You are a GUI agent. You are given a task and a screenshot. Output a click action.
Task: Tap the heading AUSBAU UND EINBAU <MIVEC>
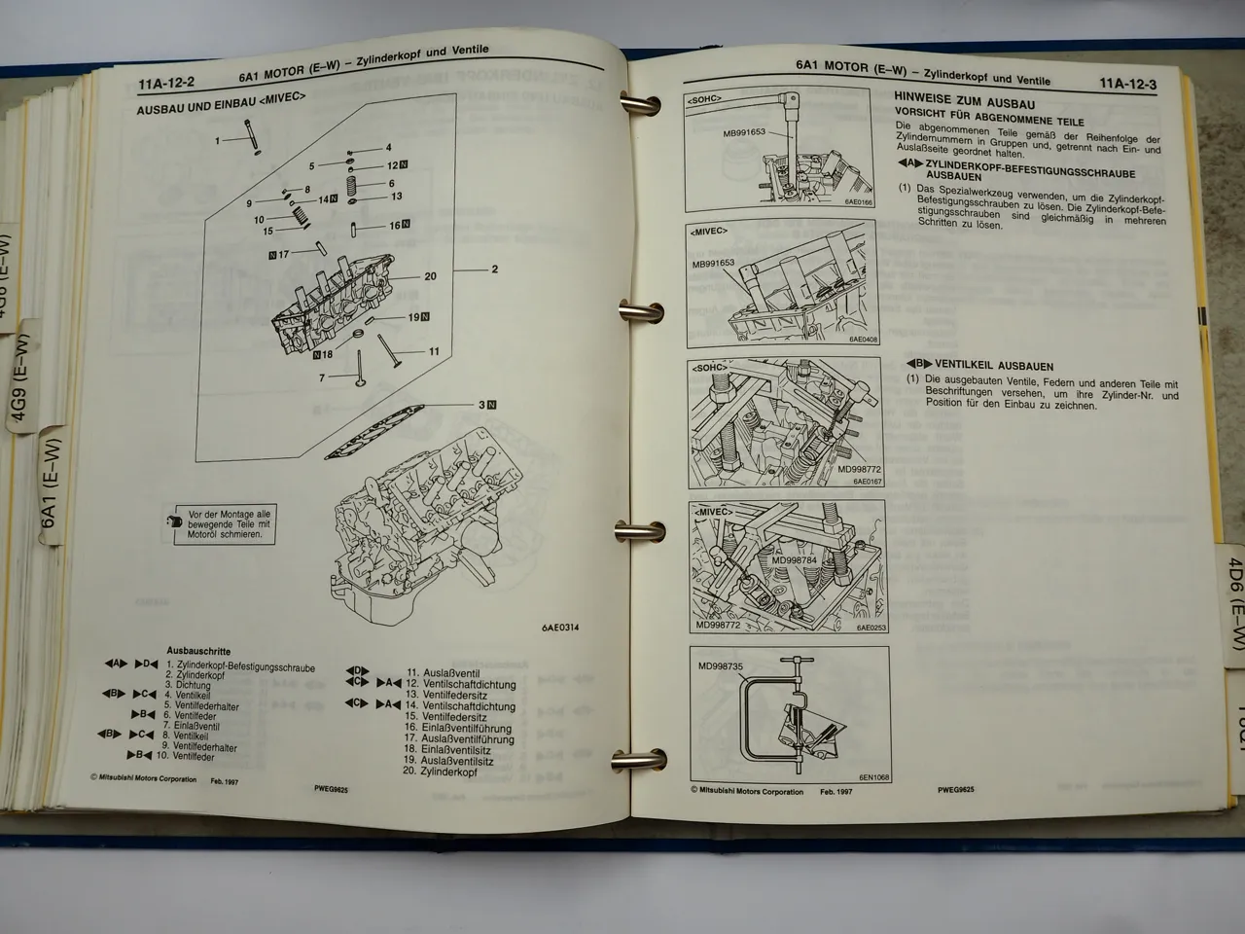[222, 110]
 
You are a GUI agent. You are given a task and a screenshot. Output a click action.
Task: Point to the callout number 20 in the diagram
[430, 276]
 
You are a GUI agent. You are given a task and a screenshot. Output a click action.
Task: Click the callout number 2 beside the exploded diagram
[494, 269]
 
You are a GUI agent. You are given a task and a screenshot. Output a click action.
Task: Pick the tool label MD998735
[721, 667]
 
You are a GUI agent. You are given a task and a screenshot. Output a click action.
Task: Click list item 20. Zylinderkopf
[442, 772]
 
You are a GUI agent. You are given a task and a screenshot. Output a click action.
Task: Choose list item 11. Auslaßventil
[439, 672]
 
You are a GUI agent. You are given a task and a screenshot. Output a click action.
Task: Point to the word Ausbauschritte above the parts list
[198, 652]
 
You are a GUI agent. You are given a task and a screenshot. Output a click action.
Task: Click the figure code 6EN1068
[874, 777]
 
